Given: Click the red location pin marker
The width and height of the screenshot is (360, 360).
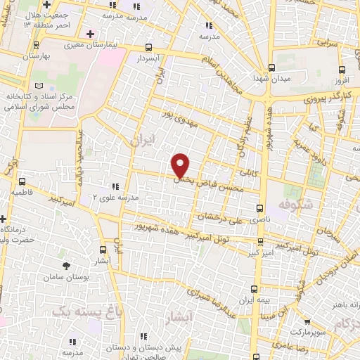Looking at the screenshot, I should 181,165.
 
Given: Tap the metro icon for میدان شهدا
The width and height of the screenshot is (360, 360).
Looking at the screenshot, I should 272,68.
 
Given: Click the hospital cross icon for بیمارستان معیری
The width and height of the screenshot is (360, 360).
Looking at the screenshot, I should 89,33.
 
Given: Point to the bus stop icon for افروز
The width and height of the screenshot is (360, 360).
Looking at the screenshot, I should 342,69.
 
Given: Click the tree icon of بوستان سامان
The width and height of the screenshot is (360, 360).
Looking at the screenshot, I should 67,265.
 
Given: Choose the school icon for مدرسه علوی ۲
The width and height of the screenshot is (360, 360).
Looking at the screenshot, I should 115,187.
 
